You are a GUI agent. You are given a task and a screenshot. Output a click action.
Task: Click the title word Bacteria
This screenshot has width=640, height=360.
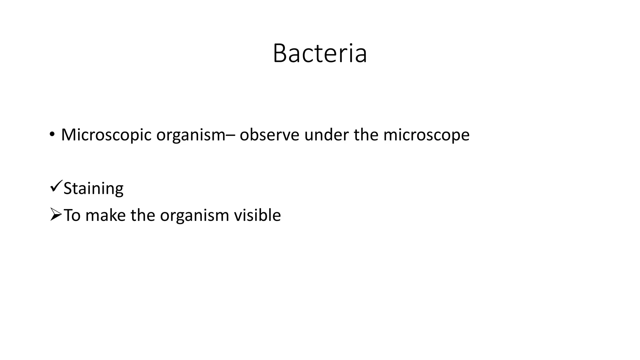(x=320, y=53)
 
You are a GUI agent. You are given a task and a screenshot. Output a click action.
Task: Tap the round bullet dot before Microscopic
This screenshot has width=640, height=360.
(x=52, y=134)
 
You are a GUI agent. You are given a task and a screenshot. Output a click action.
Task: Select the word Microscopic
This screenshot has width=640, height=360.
(x=106, y=135)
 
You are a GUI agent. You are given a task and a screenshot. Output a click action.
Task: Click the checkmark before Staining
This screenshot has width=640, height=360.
(x=56, y=186)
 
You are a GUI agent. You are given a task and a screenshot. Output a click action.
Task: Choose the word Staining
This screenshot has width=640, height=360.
(x=93, y=189)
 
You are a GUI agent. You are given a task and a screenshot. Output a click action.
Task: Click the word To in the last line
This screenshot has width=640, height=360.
(x=72, y=215)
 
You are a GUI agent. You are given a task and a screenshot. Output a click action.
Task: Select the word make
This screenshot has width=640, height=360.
(x=105, y=215)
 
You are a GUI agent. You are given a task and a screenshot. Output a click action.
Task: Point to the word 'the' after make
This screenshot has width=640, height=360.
(x=142, y=215)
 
